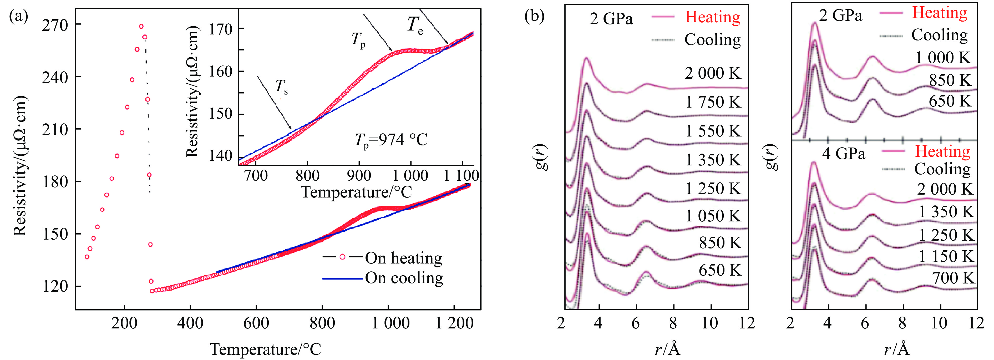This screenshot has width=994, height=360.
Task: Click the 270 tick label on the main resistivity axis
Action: tap(55, 26)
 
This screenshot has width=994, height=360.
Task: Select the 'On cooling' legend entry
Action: tap(404, 278)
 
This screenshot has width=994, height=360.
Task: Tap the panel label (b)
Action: tap(534, 16)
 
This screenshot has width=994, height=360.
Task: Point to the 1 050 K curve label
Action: tap(713, 216)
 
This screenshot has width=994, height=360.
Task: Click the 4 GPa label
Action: tap(844, 154)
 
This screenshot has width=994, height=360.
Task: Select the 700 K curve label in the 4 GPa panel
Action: tap(953, 278)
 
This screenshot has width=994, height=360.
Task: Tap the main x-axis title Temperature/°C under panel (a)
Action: tap(266, 349)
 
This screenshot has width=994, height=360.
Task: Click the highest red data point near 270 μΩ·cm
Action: tap(141, 27)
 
